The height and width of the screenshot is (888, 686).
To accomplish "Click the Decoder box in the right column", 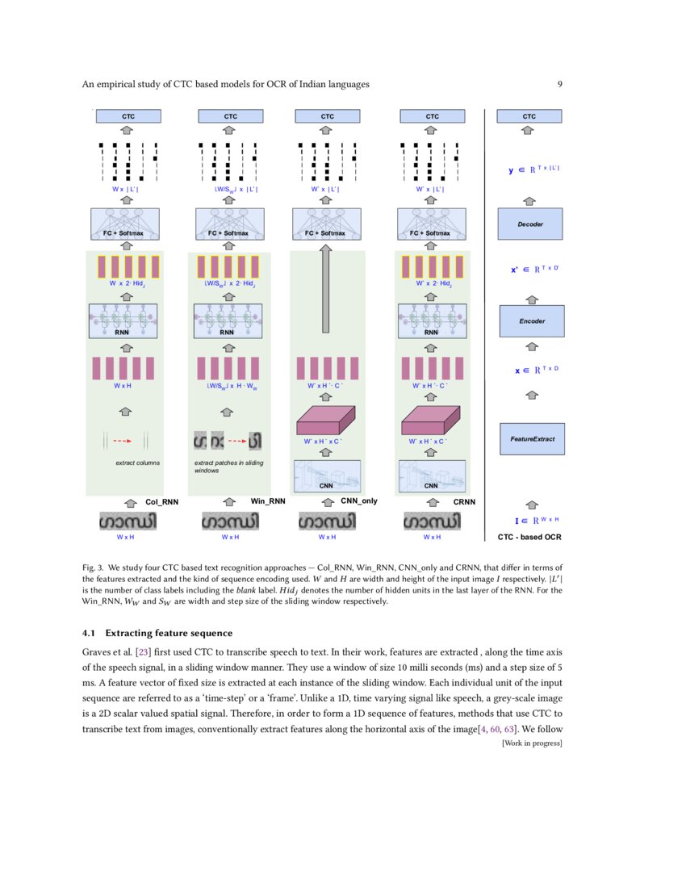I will [529, 224].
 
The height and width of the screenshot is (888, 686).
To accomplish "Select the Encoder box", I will [531, 320].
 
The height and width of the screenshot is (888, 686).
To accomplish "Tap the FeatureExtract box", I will [531, 438].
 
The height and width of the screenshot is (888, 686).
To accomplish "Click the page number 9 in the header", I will [559, 84].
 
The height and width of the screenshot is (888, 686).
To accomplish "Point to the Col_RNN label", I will [161, 501].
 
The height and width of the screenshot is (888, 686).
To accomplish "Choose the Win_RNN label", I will [269, 501].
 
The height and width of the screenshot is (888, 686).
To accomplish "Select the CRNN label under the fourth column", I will [464, 501].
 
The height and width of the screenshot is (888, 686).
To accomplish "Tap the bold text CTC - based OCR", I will [528, 536].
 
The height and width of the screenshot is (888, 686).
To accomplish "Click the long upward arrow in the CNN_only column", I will [327, 291].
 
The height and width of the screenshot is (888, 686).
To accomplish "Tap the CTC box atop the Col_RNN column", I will [128, 116].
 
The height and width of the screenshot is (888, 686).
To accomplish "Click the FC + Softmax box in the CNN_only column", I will [327, 224].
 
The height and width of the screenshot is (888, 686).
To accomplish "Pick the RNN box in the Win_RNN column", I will [228, 320].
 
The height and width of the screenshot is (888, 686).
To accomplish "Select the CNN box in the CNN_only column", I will [327, 476].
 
